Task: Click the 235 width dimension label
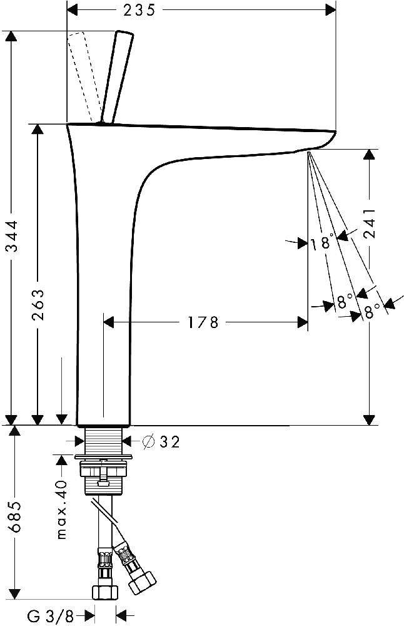pyautogui.click(x=139, y=10)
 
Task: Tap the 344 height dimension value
pyautogui.click(x=13, y=236)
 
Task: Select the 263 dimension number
pyautogui.click(x=38, y=305)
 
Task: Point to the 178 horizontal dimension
pyautogui.click(x=203, y=322)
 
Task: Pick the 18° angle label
pyautogui.click(x=322, y=243)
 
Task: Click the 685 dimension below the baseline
pyautogui.click(x=15, y=516)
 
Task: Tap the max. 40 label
pyautogui.click(x=62, y=510)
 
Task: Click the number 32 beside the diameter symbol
pyautogui.click(x=169, y=442)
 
